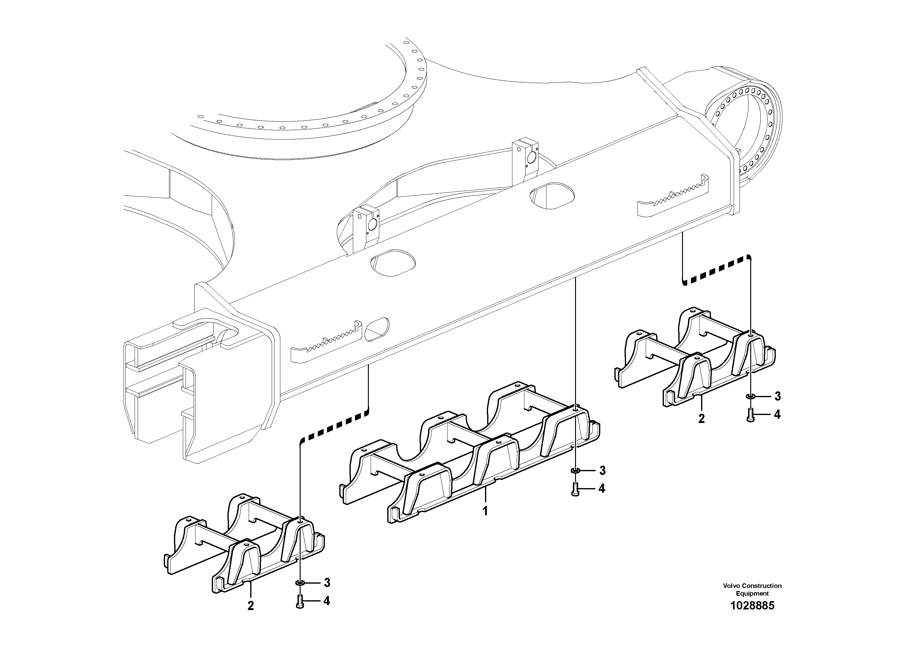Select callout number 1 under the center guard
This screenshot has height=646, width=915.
pos(485,511)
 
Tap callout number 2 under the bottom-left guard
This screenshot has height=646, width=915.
pos(250,606)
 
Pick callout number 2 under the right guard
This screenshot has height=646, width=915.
pos(701,419)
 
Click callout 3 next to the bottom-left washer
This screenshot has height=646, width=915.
pos(327,583)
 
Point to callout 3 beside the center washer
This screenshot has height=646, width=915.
pos(602,471)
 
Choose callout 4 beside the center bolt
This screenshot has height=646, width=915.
pos(602,488)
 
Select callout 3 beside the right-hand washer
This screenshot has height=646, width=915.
pos(777,396)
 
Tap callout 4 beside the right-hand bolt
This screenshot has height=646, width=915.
pos(777,415)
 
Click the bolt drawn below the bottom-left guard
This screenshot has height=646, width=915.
pos(300,601)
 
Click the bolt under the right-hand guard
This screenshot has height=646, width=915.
pos(750,415)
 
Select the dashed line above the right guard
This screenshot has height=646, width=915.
pos(716,271)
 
